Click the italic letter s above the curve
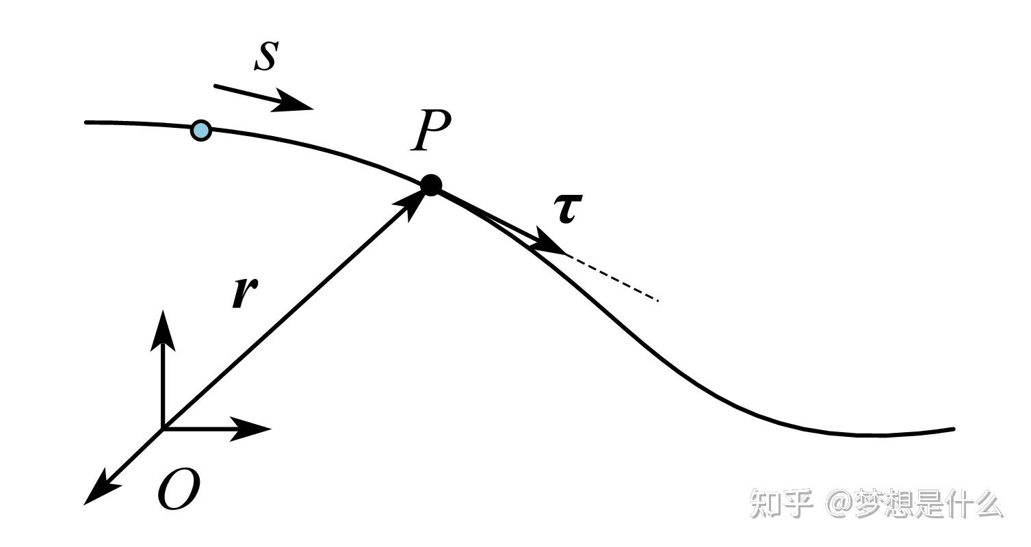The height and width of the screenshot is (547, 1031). coord(267,56)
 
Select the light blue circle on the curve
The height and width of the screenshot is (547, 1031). coord(201,131)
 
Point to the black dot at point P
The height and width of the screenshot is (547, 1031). coord(431,185)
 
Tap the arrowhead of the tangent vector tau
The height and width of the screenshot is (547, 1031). coord(549,241)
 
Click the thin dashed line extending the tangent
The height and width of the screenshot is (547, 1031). coord(614,278)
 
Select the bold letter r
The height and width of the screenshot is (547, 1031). coord(244,293)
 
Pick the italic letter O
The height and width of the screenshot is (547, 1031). coord(179,488)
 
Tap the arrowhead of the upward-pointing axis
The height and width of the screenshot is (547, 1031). coord(163,330)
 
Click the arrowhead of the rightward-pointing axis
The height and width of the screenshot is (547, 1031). coord(250,429)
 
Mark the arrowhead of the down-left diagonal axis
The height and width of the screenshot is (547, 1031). coord(101,490)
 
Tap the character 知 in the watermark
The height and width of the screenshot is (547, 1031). coord(764,503)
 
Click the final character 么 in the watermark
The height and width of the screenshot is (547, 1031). coord(987,503)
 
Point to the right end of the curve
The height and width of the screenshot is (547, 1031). coord(954,429)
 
